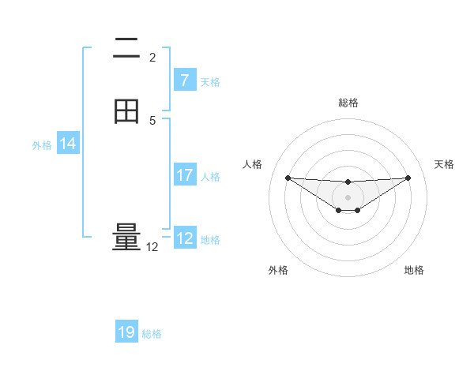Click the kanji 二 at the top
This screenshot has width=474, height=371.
pos(127,50)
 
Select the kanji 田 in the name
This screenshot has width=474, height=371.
pos(127,112)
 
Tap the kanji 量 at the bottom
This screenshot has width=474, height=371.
pos(127,238)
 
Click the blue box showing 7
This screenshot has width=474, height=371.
pos(184,81)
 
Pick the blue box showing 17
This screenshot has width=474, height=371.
pos(184,175)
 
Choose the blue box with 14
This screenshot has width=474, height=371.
pos(68,144)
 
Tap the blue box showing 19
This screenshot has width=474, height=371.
pos(126,332)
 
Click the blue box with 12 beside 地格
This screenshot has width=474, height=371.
pos(185,238)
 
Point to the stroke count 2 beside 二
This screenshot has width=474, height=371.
pos(152,58)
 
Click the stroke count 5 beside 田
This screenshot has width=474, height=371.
pos(152,121)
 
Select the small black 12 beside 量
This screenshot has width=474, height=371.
pos(152,247)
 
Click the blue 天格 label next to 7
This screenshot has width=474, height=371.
pos(210,81)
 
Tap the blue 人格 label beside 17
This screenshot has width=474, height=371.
pos(210,176)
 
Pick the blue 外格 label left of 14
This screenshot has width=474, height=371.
pos(42,144)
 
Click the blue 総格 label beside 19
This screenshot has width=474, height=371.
pos(152,334)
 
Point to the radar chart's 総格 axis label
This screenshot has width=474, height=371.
pos(348,103)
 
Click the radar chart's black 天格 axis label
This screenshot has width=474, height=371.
pos(444,164)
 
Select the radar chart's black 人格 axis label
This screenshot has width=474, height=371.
pos(253,164)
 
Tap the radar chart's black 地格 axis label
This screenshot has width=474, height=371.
pos(414,270)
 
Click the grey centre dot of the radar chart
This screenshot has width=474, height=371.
pos(348,197)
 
